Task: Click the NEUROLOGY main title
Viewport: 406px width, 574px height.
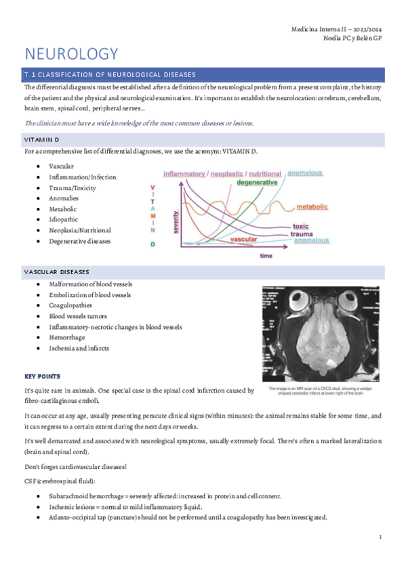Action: [x=71, y=53]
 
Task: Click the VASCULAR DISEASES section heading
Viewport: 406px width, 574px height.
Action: [x=57, y=271]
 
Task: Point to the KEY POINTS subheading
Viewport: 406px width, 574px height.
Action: [x=43, y=376]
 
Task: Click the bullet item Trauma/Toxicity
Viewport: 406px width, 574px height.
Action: [x=73, y=187]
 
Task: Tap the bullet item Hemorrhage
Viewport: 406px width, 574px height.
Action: [x=66, y=337]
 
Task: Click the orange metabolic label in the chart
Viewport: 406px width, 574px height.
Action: [x=312, y=206]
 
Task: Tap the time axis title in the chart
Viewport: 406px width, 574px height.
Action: [x=266, y=256]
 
